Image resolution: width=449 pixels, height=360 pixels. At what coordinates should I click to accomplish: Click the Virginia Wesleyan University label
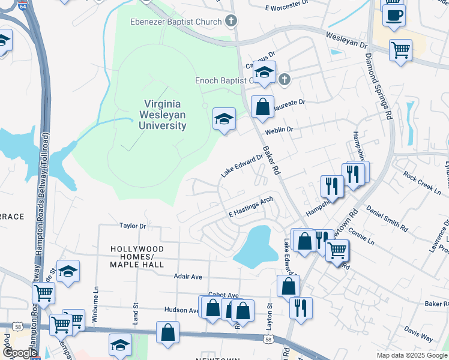[x=163, y=115]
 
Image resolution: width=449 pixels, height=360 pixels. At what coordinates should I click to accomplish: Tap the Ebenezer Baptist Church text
[x=176, y=22]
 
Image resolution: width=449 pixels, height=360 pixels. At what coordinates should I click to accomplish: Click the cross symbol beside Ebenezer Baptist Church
[x=230, y=22]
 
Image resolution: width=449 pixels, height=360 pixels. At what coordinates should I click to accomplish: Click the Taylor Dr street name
[x=133, y=226]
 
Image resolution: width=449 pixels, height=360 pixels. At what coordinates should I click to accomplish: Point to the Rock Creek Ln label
[x=422, y=183]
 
